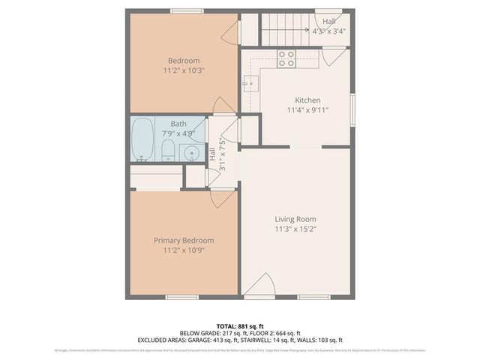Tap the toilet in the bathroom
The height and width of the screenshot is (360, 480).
pos(169,150)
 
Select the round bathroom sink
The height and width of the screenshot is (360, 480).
pos(192,154)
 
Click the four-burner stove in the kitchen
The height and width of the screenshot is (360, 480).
pos(286,58)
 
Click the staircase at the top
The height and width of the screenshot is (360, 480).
pos(286,30)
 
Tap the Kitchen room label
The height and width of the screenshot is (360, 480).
pos(307,100)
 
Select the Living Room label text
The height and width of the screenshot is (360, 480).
pos(295,219)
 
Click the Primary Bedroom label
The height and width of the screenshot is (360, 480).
pos(184,240)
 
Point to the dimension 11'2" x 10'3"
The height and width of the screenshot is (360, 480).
pos(184,70)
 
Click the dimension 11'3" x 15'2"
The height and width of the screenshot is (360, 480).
pos(295,229)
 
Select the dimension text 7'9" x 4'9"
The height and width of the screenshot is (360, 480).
pos(178,133)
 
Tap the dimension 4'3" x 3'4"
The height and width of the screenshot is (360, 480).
pos(329,31)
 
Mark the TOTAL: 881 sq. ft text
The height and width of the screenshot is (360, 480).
pos(240,326)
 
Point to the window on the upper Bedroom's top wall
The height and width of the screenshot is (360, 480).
pos(186,10)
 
